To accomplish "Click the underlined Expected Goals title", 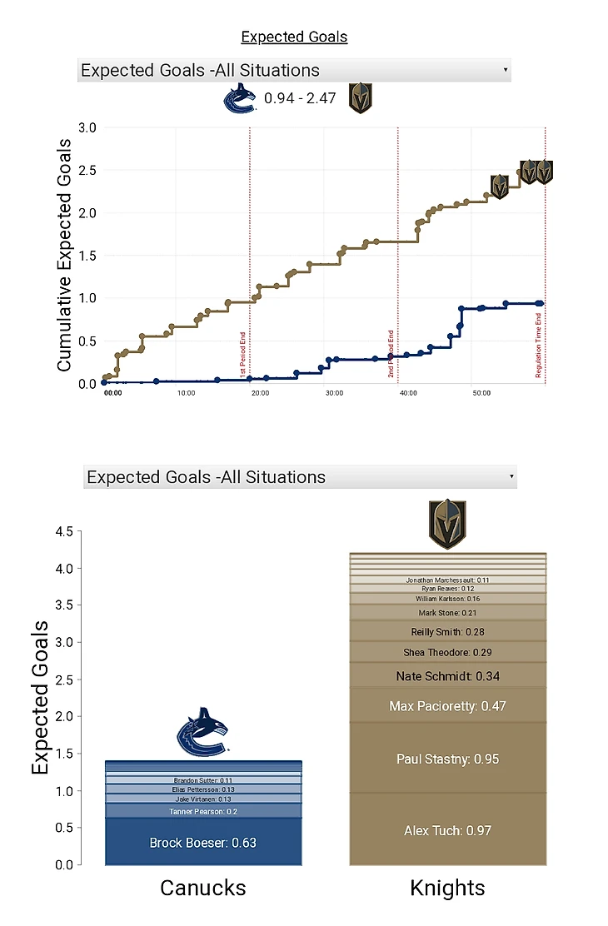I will (294, 37).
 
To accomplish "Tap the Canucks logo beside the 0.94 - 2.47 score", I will (239, 99).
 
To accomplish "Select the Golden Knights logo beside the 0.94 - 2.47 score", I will (360, 98).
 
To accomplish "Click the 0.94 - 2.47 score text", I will (300, 98).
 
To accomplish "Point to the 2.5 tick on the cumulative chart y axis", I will (87, 170).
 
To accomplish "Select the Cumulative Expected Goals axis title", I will (64, 255).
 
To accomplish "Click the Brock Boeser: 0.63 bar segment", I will (203, 843).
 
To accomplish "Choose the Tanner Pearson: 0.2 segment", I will (203, 811).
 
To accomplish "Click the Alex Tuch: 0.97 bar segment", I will (447, 830).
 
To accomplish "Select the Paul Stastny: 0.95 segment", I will (447, 759).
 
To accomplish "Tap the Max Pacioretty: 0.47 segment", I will (447, 706).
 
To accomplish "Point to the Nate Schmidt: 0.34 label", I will (447, 676).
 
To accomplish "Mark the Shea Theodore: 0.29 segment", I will (447, 652).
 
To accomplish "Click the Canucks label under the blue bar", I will (203, 888).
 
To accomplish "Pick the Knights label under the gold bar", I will (447, 888).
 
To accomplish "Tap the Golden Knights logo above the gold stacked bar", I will (447, 523).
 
